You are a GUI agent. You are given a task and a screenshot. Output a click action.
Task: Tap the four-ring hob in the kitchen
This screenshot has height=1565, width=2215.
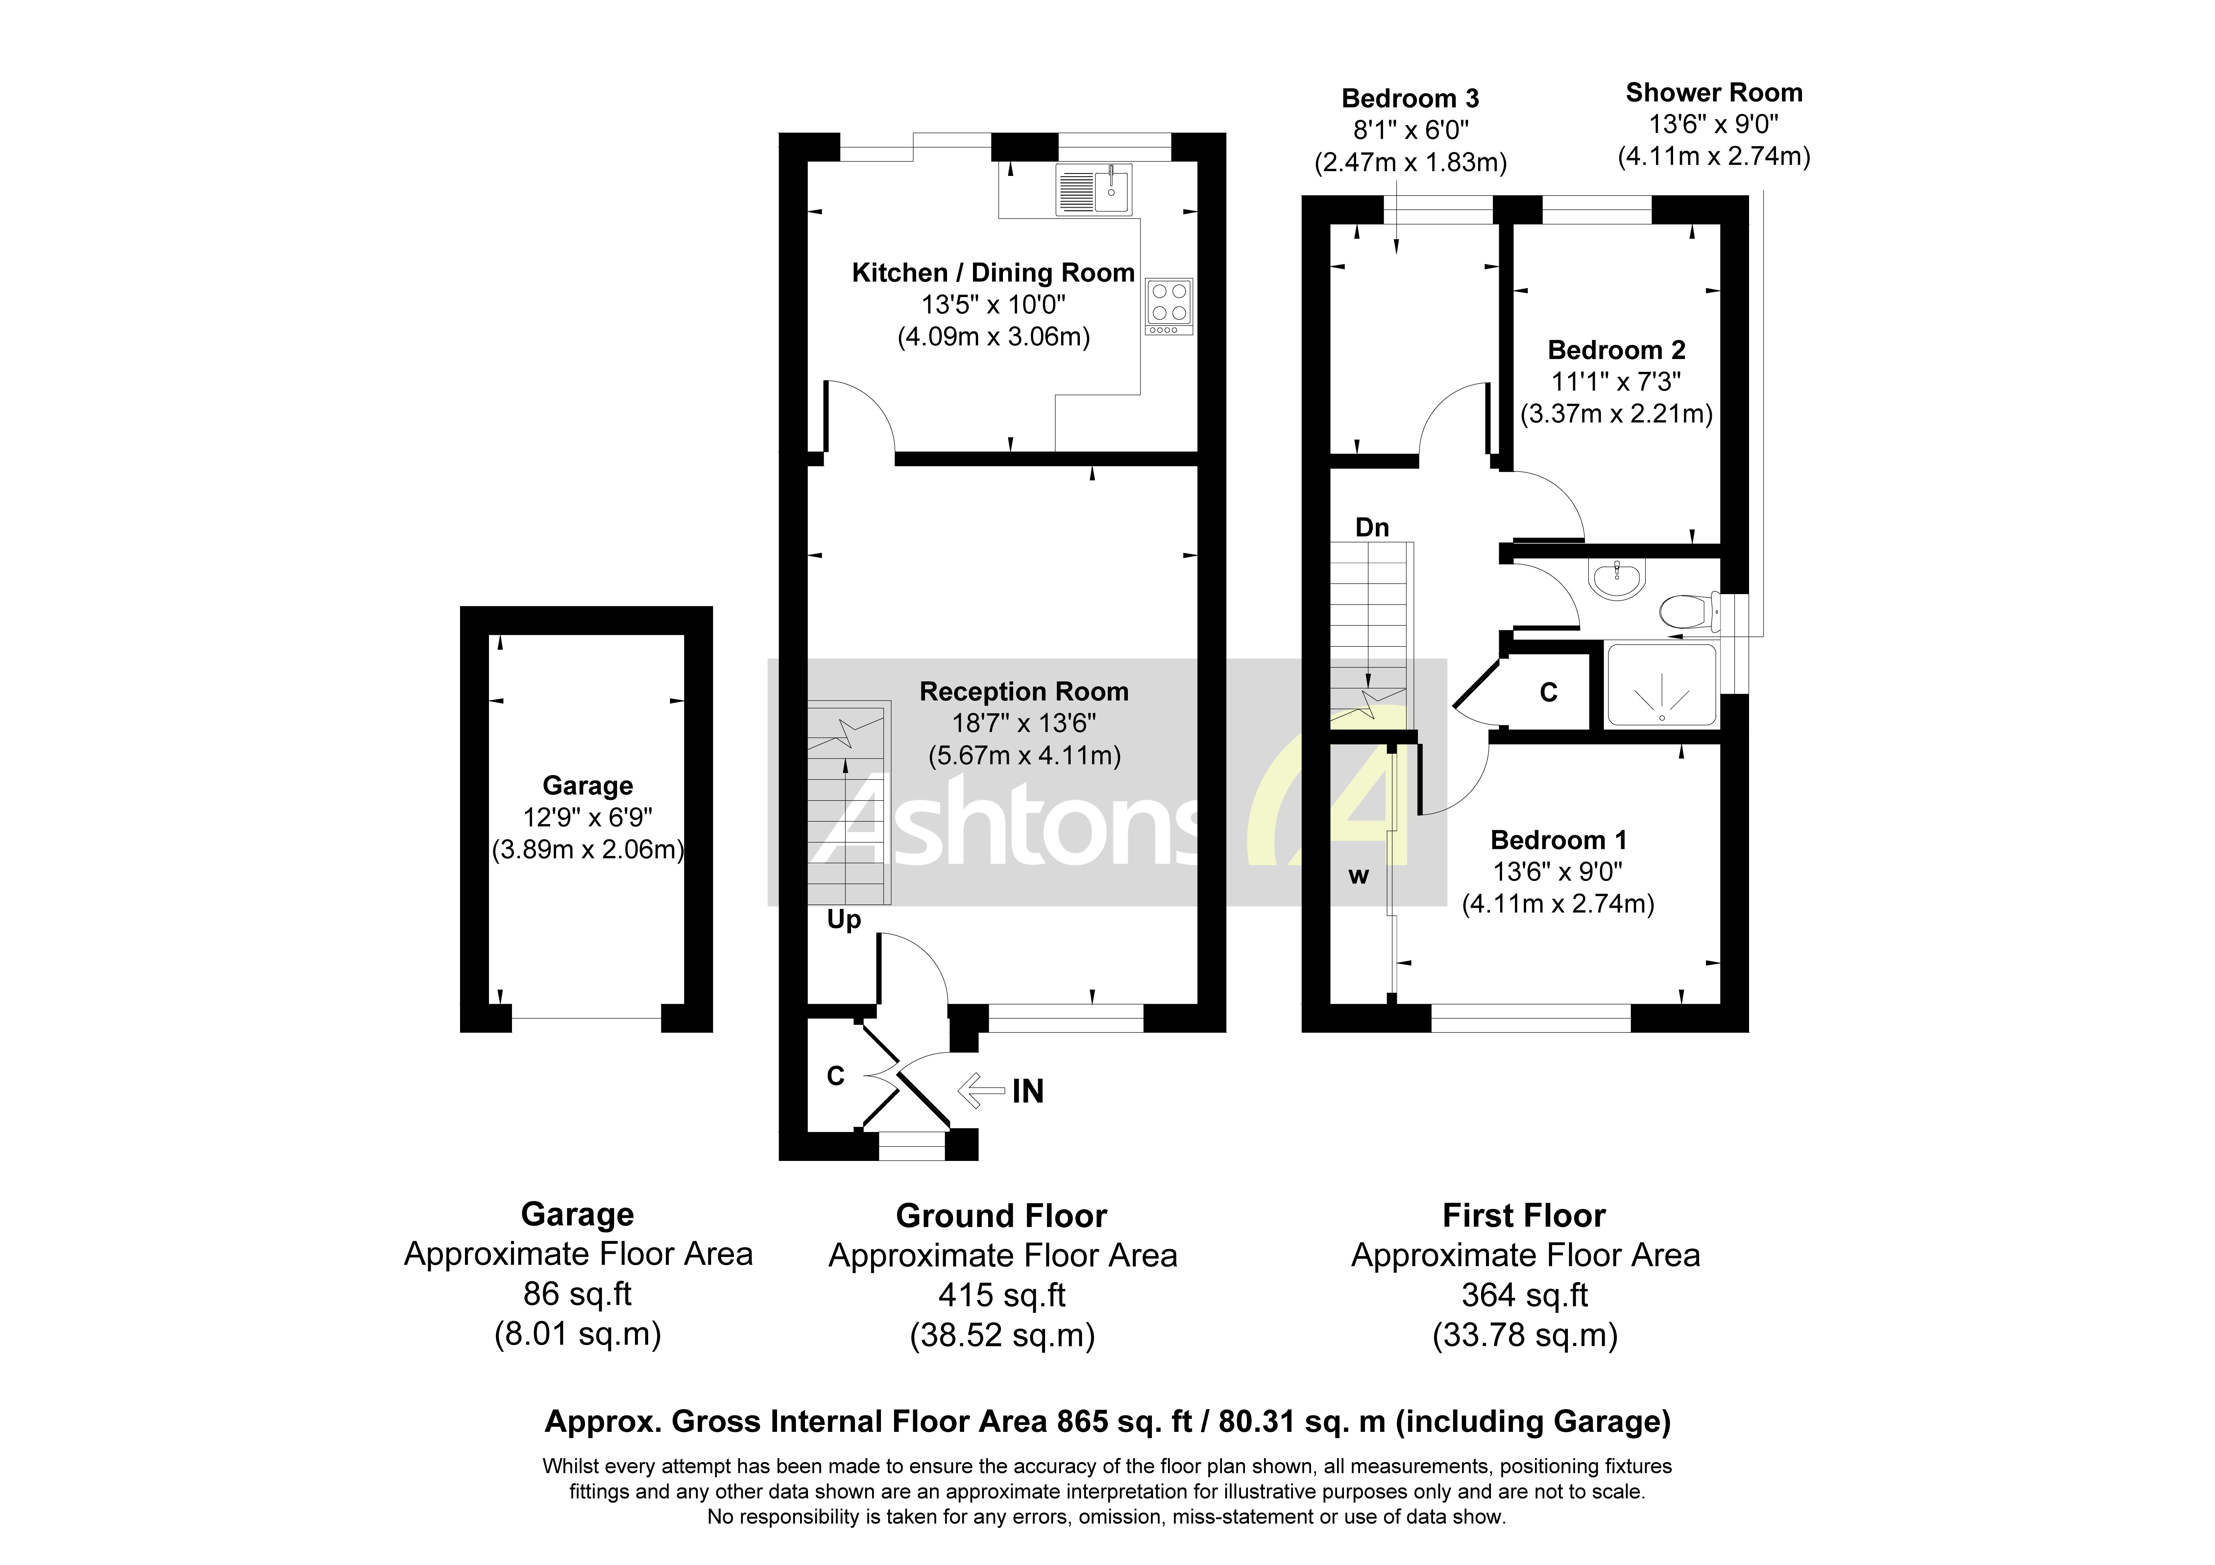click(x=1168, y=302)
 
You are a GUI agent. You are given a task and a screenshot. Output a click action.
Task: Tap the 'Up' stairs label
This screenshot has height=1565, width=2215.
click(x=843, y=920)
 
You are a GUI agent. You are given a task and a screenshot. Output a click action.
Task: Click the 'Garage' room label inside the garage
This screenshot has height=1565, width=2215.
click(x=588, y=785)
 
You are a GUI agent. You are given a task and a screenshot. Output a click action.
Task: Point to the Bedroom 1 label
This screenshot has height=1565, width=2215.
click(x=1558, y=839)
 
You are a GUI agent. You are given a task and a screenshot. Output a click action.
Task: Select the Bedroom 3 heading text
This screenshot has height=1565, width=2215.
click(x=1409, y=98)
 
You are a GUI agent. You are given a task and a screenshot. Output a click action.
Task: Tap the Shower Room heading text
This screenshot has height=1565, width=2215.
click(x=1713, y=93)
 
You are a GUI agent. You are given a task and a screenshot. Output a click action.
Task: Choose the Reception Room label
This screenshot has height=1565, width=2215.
click(x=1024, y=692)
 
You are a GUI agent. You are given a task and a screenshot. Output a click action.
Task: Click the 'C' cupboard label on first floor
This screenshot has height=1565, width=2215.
click(x=1548, y=692)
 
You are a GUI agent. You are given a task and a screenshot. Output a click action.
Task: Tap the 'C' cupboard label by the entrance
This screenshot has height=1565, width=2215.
click(x=836, y=1076)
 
